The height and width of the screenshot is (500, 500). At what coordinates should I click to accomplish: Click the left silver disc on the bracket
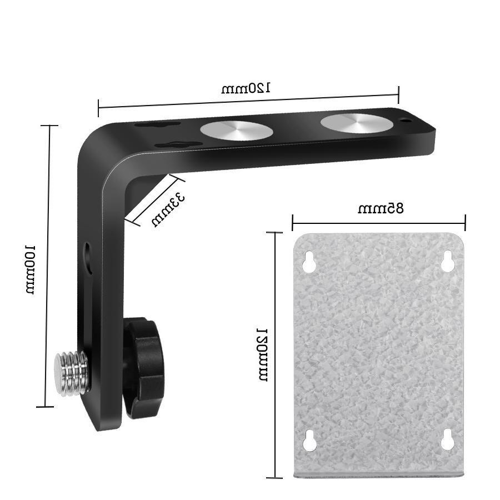(x=237, y=131)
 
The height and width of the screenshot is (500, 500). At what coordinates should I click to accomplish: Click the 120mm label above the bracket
(x=246, y=88)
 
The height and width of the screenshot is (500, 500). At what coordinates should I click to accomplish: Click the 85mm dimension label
(x=381, y=209)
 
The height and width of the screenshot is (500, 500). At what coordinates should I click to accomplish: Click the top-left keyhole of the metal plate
(x=309, y=263)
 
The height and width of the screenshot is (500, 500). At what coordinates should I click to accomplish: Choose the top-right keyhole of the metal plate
(x=448, y=262)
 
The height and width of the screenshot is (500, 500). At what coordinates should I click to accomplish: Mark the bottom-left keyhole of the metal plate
(x=309, y=441)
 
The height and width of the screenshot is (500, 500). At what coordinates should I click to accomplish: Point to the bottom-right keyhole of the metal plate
(x=448, y=441)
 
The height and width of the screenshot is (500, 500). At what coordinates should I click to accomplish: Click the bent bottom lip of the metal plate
(x=378, y=474)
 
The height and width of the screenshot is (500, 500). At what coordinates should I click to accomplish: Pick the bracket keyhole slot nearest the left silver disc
(x=178, y=144)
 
